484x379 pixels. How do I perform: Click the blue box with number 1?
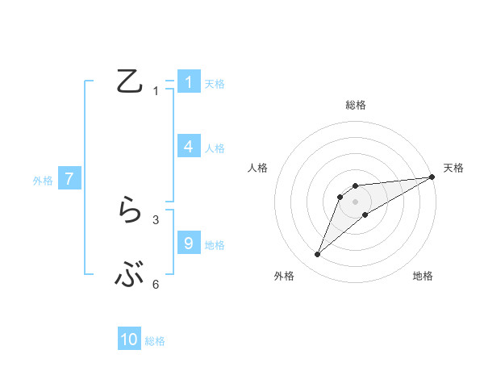188,81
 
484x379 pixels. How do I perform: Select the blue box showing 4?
188,146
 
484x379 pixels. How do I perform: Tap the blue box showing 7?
69,179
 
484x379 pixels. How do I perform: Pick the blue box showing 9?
188,243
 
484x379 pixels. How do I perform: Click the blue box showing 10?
129,339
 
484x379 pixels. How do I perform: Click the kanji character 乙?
130,82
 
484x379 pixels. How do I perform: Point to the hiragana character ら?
130,212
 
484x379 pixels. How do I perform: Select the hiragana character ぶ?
130,277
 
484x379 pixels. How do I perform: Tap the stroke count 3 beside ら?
156,219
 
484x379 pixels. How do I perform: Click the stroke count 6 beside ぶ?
156,284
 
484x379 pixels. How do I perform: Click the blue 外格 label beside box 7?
43,181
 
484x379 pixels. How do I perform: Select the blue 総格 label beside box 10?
155,341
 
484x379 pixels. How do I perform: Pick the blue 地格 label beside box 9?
215,245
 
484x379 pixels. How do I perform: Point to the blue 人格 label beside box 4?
215,148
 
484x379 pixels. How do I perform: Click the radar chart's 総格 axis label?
356,105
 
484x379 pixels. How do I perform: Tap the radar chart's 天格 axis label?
453,168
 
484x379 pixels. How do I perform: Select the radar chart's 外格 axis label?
284,277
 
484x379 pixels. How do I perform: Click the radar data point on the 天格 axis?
432,177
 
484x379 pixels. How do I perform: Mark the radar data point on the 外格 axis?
318,255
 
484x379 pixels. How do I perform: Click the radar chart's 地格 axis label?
423,277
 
